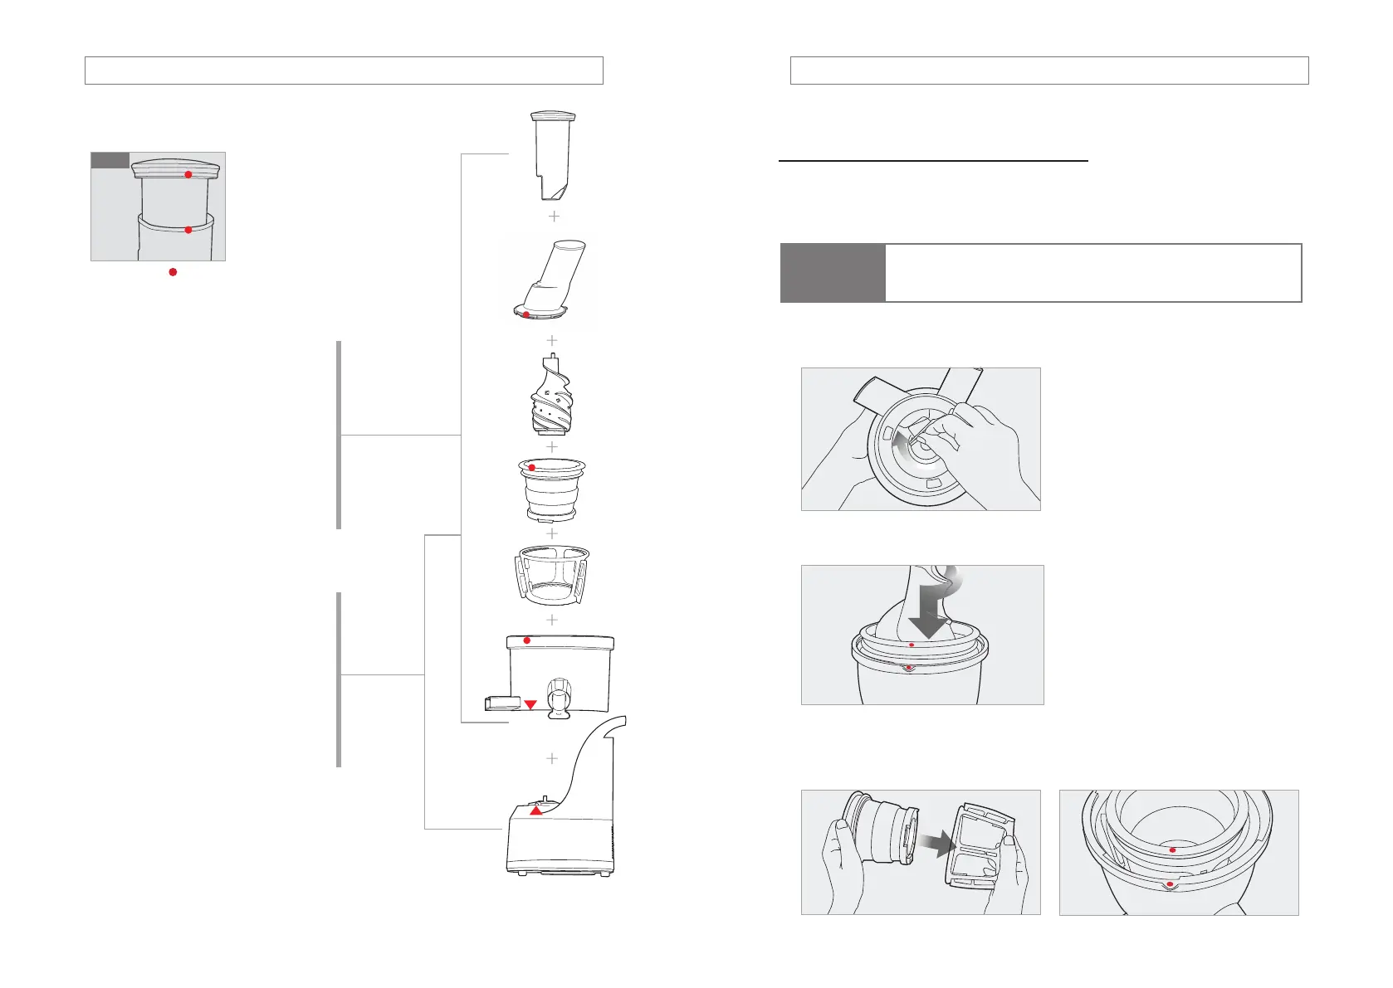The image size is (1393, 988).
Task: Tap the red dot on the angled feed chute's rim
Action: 525,314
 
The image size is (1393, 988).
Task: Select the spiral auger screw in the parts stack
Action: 551,396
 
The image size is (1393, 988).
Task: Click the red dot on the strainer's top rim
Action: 531,468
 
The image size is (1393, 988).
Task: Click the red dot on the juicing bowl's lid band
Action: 526,640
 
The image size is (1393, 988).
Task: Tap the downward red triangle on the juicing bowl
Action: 530,704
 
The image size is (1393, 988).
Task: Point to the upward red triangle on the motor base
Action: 536,810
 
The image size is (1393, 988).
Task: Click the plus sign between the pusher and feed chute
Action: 554,216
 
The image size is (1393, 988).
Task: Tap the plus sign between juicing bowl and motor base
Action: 552,758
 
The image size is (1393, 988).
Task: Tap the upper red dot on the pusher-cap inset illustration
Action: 188,174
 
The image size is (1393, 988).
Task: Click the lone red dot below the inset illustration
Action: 173,272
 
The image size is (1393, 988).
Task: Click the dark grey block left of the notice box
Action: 832,273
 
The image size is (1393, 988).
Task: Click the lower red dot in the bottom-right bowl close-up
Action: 1170,885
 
